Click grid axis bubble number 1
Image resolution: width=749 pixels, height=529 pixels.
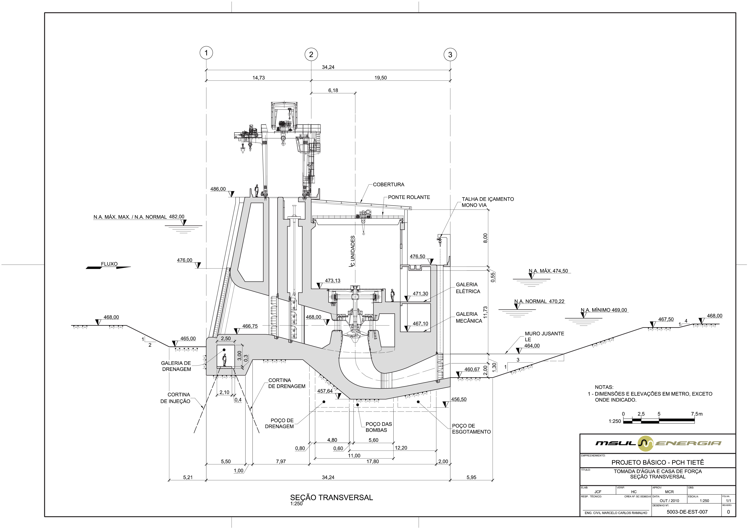206,53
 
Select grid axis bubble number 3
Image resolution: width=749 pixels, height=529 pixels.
450,54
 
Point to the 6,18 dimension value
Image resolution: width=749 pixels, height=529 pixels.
333,90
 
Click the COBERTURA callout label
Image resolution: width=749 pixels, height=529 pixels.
389,185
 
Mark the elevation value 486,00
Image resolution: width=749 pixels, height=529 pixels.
218,189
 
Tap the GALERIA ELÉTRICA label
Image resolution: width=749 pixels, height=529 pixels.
468,288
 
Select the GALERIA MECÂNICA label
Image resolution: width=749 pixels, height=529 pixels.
469,317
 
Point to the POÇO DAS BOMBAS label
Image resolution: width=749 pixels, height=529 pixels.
378,427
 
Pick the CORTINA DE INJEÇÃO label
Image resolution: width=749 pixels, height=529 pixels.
175,398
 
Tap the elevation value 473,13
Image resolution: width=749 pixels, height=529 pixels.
332,281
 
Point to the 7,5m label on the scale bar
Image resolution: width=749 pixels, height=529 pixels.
696,414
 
